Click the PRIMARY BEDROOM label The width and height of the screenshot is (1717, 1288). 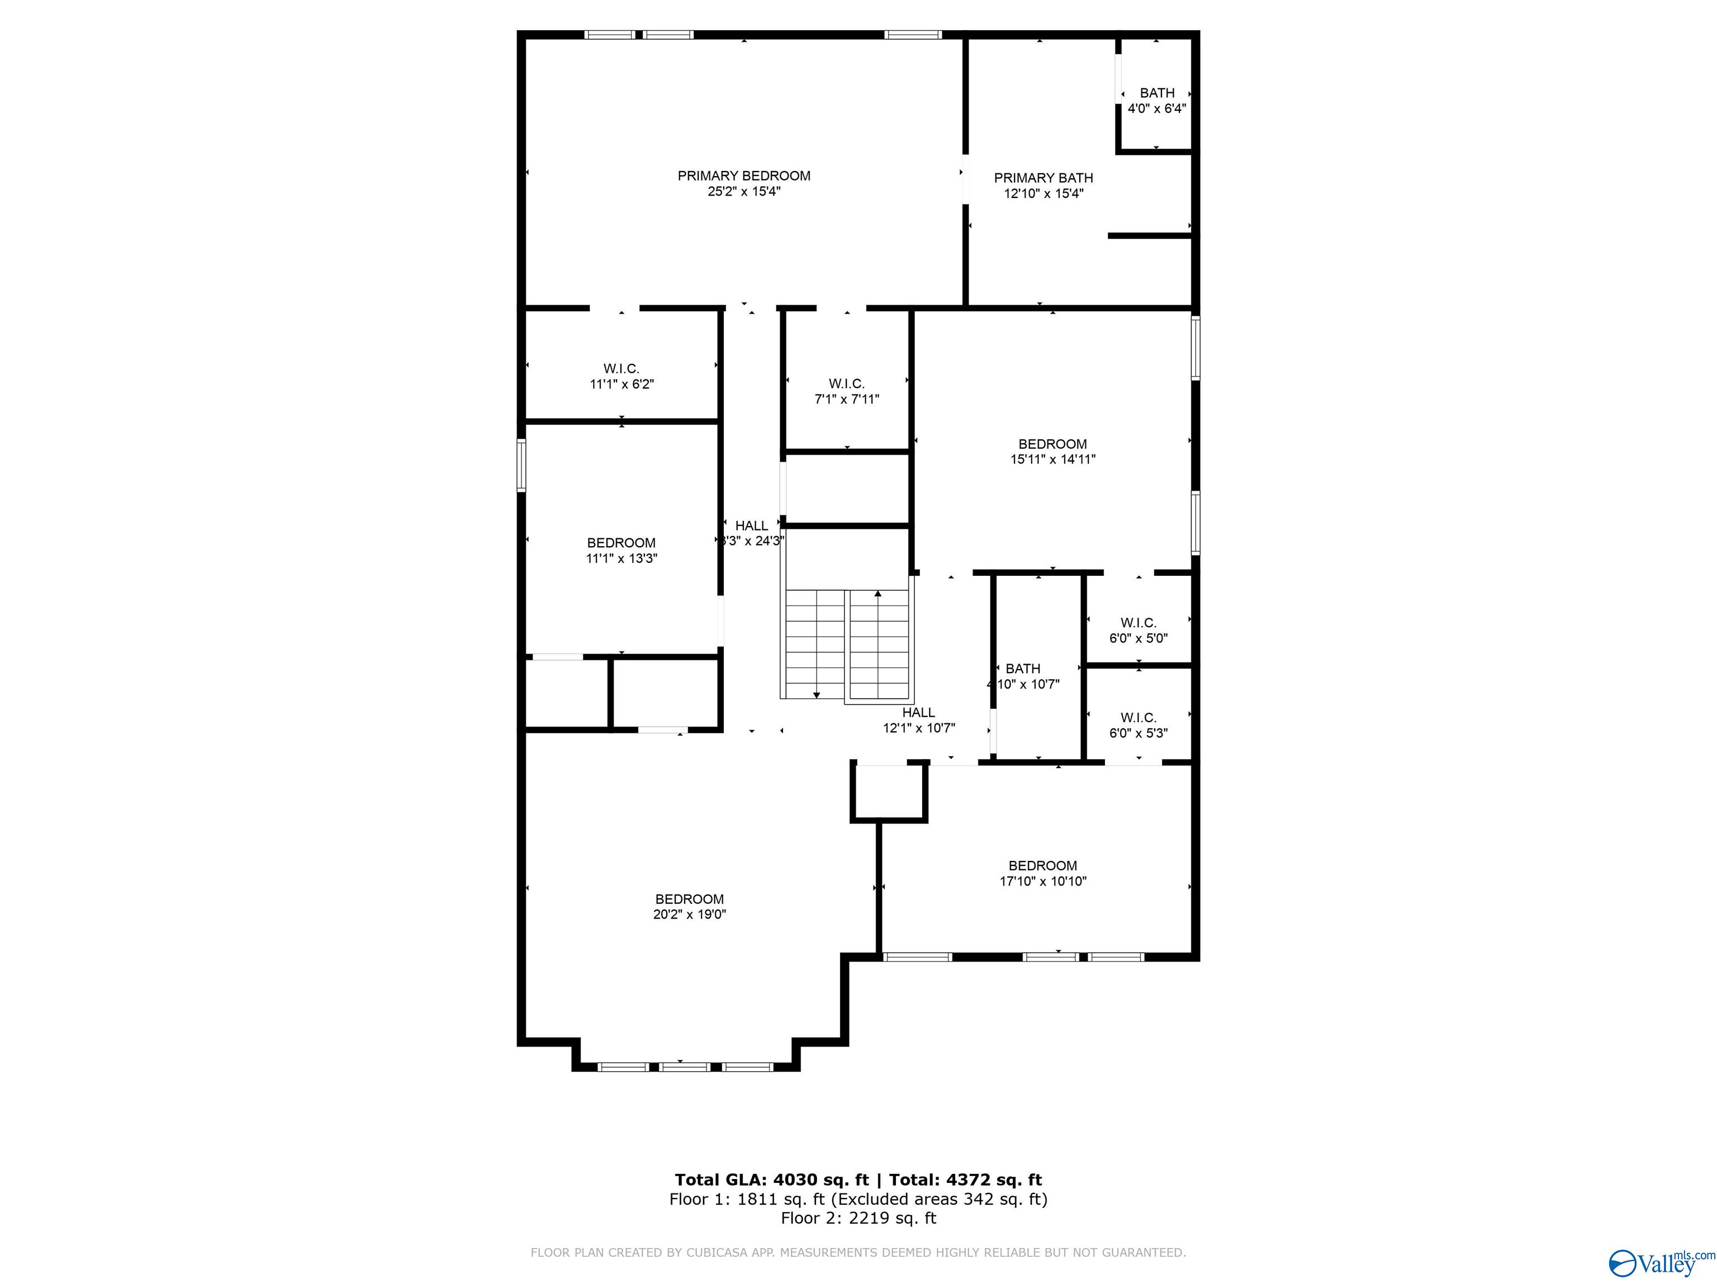point(743,176)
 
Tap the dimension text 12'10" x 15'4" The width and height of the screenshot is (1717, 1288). point(1044,194)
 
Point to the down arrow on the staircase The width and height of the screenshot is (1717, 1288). point(816,694)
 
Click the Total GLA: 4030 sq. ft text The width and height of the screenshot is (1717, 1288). point(771,1180)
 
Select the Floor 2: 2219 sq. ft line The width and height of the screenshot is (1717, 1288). point(858,1218)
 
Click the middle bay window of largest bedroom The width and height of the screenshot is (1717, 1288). point(684,1067)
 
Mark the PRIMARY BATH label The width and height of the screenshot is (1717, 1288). point(1044,178)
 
